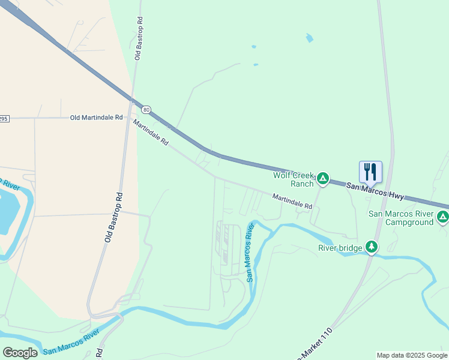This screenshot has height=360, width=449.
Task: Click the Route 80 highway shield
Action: [146, 110]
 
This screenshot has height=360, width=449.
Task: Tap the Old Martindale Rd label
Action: [96, 118]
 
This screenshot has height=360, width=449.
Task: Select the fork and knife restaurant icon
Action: [370, 172]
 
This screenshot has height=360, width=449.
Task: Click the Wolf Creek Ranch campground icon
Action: [323, 178]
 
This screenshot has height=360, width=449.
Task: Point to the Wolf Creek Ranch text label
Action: [294, 179]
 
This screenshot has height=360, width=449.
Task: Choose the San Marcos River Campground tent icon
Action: [442, 217]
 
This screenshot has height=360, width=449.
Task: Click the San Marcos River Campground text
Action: [400, 218]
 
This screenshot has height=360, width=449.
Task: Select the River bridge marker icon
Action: [372, 247]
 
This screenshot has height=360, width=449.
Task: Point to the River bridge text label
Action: [340, 248]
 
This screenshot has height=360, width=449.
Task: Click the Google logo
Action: [20, 352]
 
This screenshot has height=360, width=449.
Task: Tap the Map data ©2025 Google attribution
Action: [412, 355]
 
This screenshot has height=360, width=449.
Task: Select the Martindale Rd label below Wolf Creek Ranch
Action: [292, 201]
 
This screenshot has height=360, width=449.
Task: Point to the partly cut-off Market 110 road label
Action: [313, 343]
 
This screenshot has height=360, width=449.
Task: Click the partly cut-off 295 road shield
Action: [4, 119]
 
